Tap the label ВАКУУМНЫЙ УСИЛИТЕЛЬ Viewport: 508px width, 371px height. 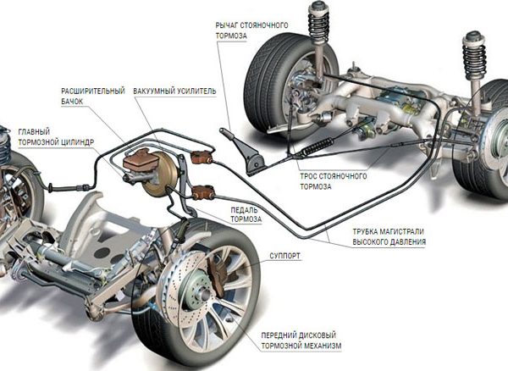(174, 90)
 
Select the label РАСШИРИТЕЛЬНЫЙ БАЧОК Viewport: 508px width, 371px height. (94, 95)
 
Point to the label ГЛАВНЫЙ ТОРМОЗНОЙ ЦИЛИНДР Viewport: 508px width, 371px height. (52, 136)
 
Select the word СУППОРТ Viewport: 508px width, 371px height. (285, 253)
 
